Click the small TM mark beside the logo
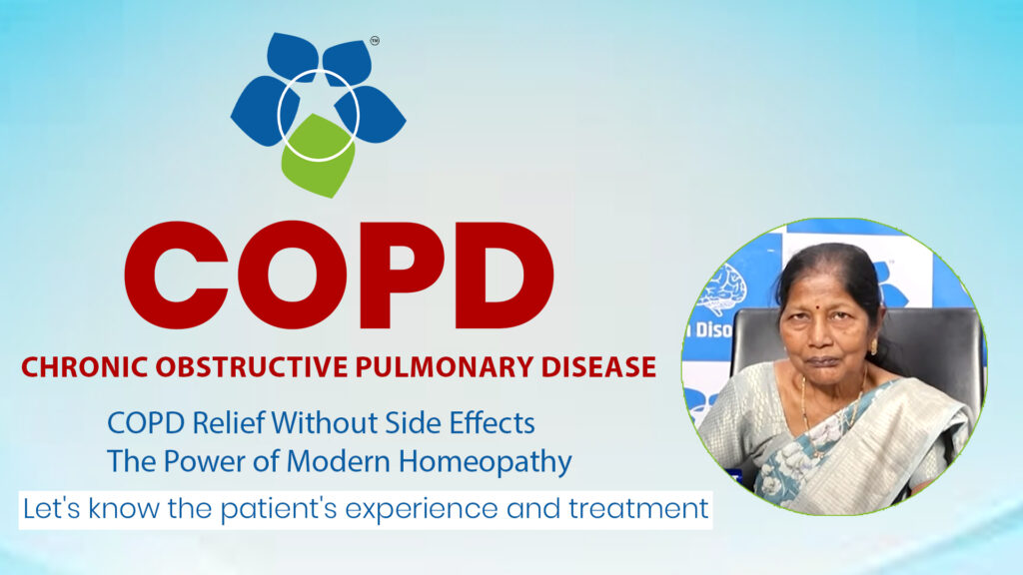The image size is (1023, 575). [375, 42]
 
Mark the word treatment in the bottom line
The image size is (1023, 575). [641, 509]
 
